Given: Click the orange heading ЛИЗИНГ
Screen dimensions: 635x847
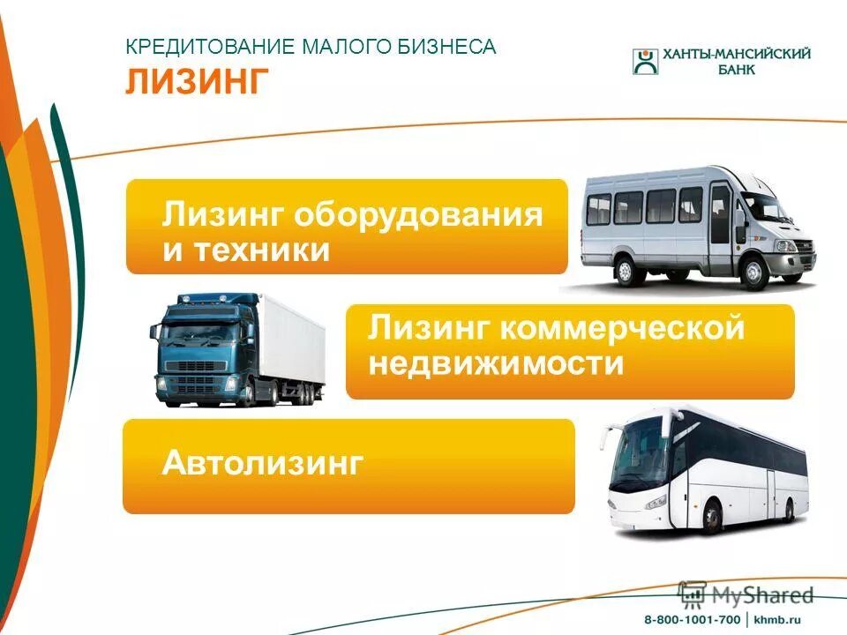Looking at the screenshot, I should (197, 80).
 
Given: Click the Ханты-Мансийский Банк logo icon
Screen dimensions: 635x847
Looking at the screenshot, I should (645, 62).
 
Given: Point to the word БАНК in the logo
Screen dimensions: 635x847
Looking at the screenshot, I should (732, 71).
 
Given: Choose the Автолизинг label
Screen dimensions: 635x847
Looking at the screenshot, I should (263, 462).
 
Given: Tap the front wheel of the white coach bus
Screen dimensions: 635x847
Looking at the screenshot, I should (711, 514).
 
